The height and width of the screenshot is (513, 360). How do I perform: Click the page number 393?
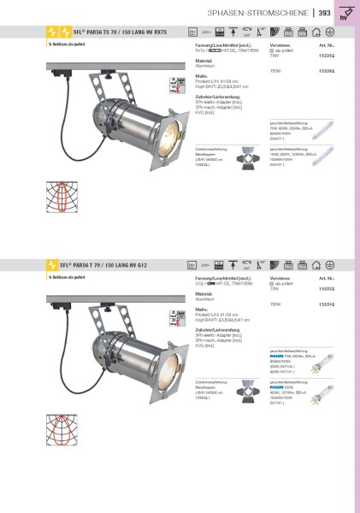click(325, 13)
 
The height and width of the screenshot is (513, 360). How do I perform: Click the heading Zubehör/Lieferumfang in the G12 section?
click(218, 328)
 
